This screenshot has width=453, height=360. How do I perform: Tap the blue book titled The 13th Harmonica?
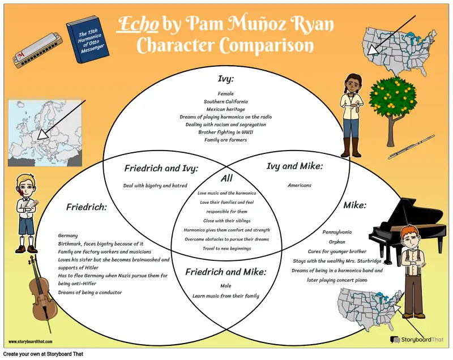pos(88,40)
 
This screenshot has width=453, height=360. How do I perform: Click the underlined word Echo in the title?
pos(138,23)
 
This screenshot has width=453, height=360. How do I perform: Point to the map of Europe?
pos(45,133)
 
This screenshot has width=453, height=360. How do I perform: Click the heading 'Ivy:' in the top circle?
pos(225,79)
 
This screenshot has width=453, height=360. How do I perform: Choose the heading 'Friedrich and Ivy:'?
pos(161,168)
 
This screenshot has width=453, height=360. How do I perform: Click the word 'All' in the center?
pos(226,178)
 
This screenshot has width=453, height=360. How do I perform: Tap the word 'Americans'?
pos(300,185)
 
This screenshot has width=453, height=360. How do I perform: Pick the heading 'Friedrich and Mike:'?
pos(225,272)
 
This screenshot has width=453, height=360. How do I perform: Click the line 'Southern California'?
pos(225,102)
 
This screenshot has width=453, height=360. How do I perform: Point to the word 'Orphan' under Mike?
pos(337,242)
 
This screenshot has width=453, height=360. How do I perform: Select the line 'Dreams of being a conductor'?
pos(90,293)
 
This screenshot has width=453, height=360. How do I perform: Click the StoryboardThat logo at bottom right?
pos(416,340)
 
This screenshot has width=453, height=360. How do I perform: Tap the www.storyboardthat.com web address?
pos(31,342)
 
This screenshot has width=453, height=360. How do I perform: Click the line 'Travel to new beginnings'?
pos(227,248)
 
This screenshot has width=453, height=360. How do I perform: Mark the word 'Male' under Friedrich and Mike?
pos(225,286)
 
